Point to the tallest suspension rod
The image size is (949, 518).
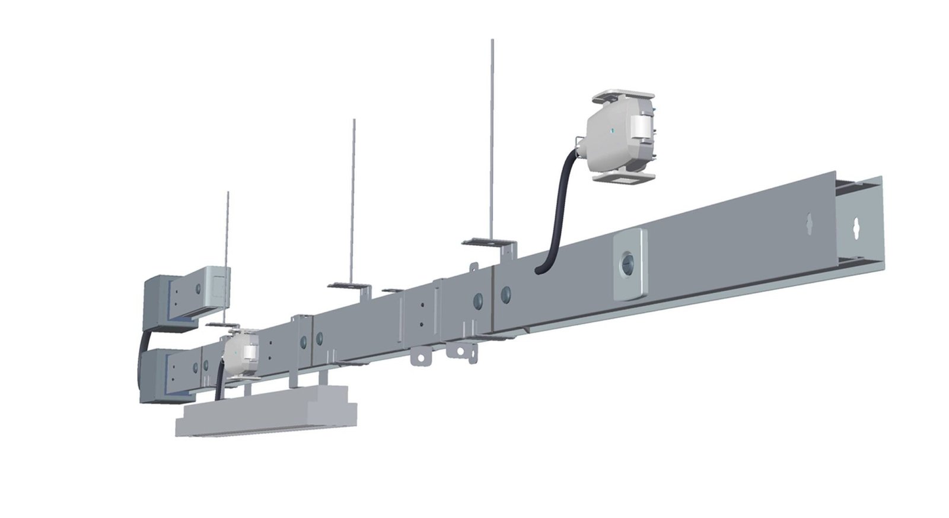click(492, 136)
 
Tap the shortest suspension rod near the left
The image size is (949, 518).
click(227, 231)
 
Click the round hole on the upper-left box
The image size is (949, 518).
click(198, 290)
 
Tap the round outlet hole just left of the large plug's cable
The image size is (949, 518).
click(506, 293)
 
